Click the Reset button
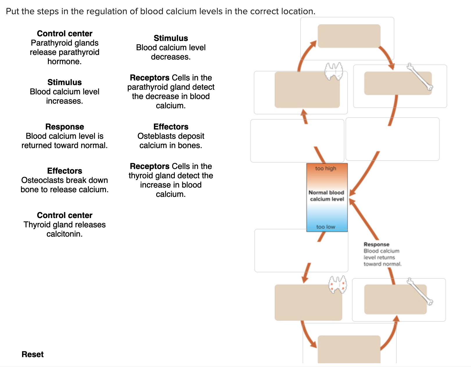tap(33, 354)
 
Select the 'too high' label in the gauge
tap(326, 168)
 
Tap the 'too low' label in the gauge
tap(326, 227)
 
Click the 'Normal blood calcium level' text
tap(326, 196)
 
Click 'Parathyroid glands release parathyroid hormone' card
tap(64, 47)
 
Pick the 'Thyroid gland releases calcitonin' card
tap(64, 224)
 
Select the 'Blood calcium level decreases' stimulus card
tap(171, 47)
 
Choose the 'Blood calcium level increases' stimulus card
tap(64, 91)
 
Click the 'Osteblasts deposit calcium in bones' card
tap(171, 136)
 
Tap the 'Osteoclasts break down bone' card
tap(64, 180)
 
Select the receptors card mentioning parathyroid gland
tap(171, 91)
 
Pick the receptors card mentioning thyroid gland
tap(171, 180)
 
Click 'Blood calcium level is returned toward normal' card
tap(64, 136)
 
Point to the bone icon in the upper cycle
tap(420, 77)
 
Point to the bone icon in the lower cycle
tap(420, 292)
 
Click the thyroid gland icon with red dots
tap(337, 284)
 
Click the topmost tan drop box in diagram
tap(349, 36)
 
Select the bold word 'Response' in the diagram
tap(376, 244)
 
